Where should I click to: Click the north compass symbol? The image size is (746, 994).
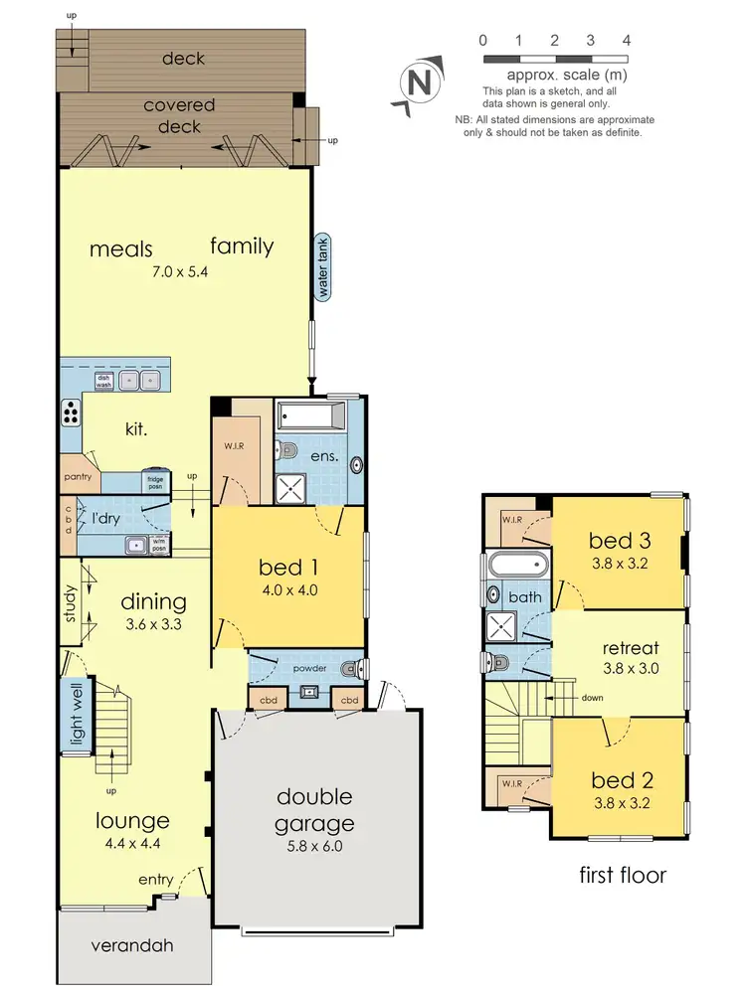pos(420,83)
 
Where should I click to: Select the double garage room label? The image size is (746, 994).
pos(314,810)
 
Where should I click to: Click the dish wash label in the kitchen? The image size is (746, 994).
pos(103,378)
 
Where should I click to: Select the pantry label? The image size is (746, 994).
pos(78,477)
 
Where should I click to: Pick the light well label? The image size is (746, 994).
pos(74,713)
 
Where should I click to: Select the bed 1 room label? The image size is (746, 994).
pos(288,567)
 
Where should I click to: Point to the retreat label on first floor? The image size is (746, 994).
pos(632,649)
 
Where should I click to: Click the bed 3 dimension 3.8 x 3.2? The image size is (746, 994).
pos(618,563)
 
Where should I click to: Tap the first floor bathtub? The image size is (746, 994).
pos(517,566)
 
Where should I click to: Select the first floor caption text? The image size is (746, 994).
pos(623,875)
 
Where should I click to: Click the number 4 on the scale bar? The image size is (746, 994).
pos(627,41)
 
